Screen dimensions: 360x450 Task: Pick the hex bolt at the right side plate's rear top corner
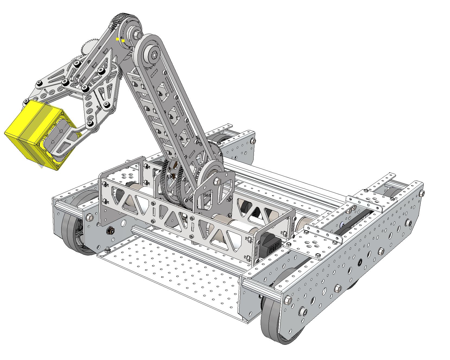422,193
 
